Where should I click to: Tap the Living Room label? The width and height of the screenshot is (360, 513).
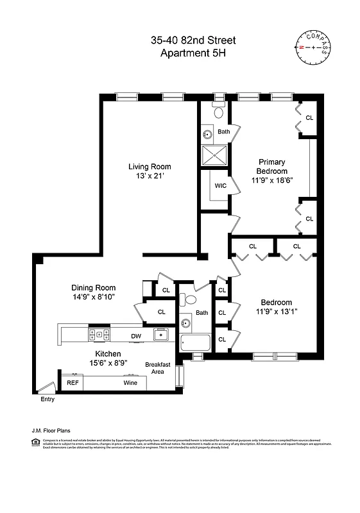[149, 167]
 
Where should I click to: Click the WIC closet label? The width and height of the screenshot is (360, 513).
[220, 186]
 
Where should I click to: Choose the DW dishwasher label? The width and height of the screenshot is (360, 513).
[136, 335]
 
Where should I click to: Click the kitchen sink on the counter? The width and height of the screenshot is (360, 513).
[160, 334]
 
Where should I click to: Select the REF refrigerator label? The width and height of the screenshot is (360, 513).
[73, 383]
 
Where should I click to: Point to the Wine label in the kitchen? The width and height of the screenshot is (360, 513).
[130, 383]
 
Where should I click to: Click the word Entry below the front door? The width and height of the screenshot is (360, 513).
[47, 399]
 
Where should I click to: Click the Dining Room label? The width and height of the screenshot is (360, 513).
[94, 288]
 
